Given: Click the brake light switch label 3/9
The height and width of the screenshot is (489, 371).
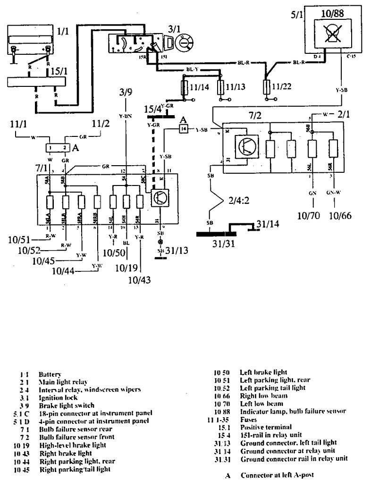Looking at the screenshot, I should (126, 93).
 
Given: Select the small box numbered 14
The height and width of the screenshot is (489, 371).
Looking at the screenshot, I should (184, 128).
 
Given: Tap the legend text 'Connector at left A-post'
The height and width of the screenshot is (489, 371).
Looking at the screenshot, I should (278, 476).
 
